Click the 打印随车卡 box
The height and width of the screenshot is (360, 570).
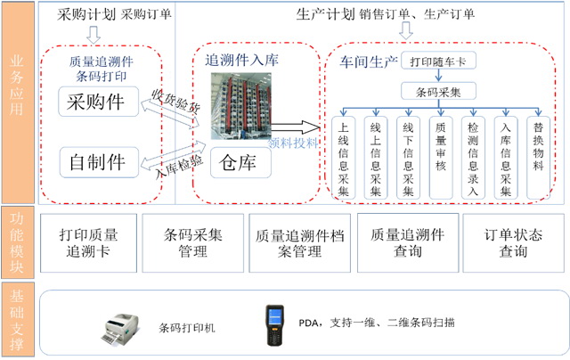(x=440, y=62)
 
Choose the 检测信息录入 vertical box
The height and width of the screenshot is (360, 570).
(x=472, y=160)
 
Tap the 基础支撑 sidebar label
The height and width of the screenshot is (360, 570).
(x=17, y=320)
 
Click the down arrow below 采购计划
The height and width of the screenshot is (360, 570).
(x=94, y=34)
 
